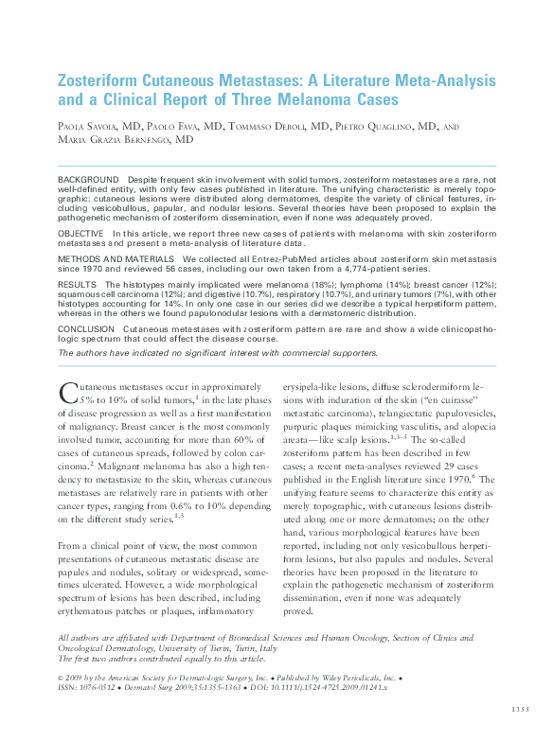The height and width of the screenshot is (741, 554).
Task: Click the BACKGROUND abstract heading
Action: pyautogui.click(x=88, y=180)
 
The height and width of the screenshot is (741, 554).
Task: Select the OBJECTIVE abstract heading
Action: pyautogui.click(x=81, y=233)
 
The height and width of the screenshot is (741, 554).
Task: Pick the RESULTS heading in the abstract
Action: pyautogui.click(x=77, y=284)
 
